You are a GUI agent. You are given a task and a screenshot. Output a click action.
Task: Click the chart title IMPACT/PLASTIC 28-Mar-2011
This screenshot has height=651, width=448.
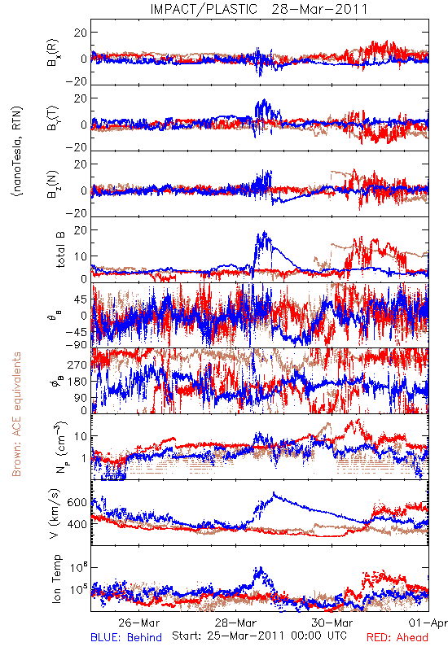(259, 9)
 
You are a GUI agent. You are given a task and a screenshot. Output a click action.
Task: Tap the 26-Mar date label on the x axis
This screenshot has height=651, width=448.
(138, 623)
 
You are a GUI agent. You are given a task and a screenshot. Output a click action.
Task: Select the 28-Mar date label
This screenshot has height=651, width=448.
(235, 623)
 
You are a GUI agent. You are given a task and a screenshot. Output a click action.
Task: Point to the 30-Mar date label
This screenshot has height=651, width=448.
(332, 623)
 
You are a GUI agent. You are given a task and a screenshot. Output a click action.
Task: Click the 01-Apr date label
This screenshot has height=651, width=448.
(428, 623)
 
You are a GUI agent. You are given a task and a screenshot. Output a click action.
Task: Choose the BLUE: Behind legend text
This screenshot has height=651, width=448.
(126, 637)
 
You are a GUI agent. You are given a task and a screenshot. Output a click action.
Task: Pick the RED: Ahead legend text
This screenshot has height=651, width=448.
(397, 637)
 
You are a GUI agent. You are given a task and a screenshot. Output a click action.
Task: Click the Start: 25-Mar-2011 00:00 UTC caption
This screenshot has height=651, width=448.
(259, 636)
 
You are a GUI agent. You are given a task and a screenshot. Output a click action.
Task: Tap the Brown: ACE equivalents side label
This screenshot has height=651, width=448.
(16, 414)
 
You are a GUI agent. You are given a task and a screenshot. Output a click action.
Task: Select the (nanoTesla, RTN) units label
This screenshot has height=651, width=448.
(17, 151)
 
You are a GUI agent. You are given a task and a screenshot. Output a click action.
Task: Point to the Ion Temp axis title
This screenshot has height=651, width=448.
(56, 579)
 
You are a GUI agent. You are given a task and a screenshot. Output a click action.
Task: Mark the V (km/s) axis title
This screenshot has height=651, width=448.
(55, 513)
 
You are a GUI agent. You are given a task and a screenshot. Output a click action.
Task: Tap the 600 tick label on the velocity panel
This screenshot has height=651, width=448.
(77, 502)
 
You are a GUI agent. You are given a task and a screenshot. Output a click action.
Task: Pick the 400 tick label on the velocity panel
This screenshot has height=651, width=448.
(77, 524)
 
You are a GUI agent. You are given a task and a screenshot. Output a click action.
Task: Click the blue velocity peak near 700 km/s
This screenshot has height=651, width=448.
(274, 493)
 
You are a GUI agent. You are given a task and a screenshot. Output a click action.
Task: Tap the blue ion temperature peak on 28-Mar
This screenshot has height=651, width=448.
(261, 568)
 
